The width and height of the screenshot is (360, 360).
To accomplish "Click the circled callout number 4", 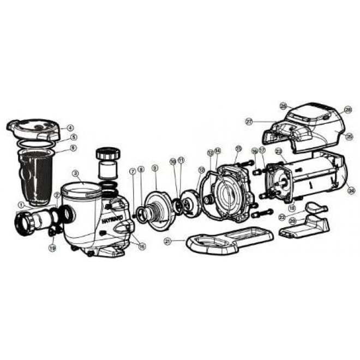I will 70,128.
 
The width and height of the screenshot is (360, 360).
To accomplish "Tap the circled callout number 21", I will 167,241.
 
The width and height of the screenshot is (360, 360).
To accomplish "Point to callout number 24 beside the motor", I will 351,190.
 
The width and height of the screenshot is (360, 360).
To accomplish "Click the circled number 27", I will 249,122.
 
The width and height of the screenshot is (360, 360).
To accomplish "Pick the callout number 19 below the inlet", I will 52,248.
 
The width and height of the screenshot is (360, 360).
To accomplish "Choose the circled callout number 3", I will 76,173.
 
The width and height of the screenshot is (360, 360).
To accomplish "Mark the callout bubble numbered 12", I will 201,170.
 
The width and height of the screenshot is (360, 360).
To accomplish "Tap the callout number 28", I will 349,110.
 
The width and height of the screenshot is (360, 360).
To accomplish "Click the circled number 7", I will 132,171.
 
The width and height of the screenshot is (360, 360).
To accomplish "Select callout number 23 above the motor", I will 278,151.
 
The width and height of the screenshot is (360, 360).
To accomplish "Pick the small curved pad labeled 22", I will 316,207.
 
